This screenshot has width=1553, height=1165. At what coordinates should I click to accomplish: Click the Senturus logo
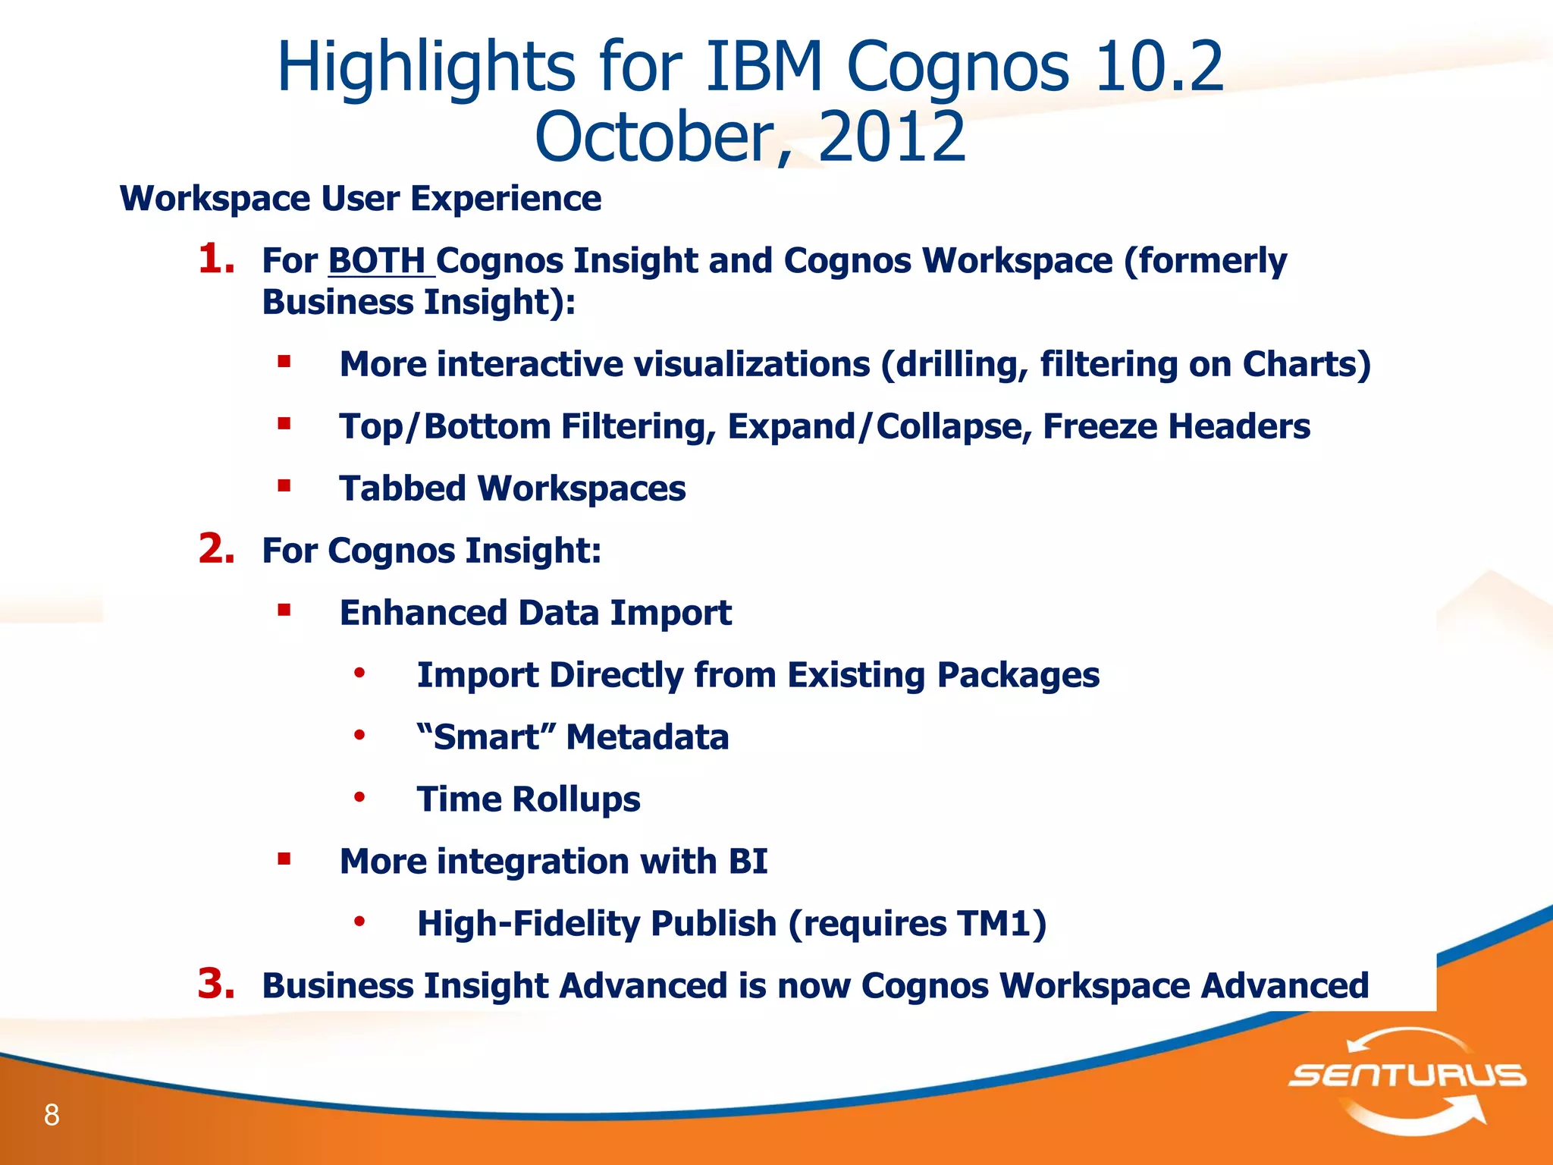point(1407,1077)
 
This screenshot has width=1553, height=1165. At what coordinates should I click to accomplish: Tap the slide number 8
point(52,1115)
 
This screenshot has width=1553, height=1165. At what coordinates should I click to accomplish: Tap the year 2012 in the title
point(892,137)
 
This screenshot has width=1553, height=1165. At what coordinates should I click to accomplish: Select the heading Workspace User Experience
point(360,199)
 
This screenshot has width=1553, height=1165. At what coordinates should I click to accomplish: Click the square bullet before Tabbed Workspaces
point(284,485)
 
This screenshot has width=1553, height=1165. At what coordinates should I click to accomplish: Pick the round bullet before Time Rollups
point(359,797)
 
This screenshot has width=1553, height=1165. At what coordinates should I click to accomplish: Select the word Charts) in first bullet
point(1306,364)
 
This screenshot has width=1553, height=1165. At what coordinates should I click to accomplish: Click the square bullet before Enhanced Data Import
point(284,610)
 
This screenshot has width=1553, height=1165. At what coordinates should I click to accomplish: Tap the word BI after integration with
point(748,861)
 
